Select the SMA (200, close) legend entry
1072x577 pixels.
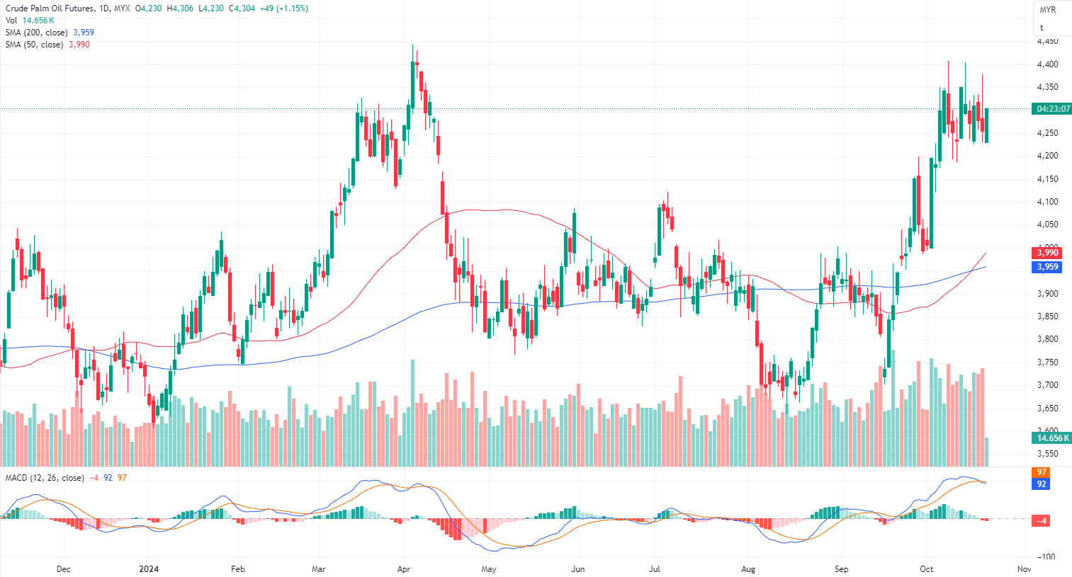point(37,33)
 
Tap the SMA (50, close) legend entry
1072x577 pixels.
point(35,45)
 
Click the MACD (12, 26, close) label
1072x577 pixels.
point(45,478)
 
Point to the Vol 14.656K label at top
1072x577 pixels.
point(30,21)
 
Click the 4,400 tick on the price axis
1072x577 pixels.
point(1047,64)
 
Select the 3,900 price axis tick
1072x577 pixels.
point(1047,293)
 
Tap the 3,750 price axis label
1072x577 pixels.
point(1047,362)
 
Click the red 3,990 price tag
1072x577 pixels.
point(1047,253)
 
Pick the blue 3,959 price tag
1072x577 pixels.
point(1047,267)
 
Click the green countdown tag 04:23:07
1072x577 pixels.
point(1053,109)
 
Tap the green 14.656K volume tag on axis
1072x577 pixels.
point(1051,438)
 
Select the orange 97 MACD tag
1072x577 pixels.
point(1042,472)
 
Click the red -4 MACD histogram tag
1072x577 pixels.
point(1042,521)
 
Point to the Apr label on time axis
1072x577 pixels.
point(404,569)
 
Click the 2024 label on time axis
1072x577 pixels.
point(149,569)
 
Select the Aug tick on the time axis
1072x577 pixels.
point(748,569)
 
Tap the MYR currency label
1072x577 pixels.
point(1048,10)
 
